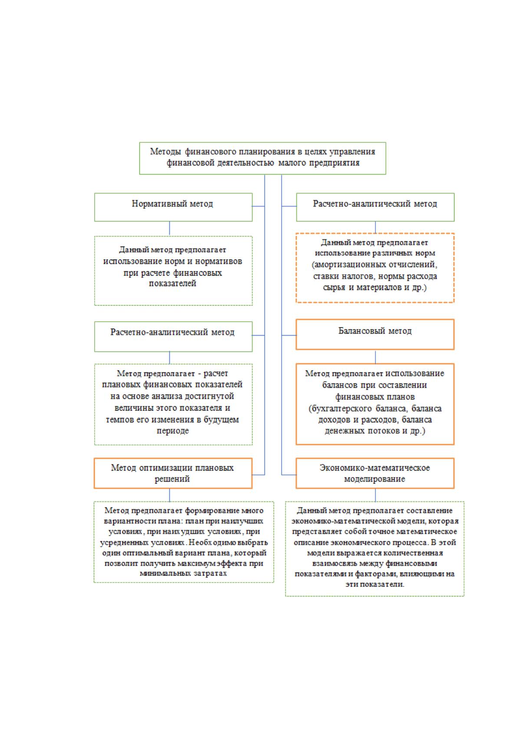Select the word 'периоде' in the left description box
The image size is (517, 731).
click(x=173, y=431)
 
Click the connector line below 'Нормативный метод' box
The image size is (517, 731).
click(x=169, y=228)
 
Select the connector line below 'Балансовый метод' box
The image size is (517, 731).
click(x=375, y=357)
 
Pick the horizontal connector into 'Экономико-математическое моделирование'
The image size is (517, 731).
click(x=289, y=474)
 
